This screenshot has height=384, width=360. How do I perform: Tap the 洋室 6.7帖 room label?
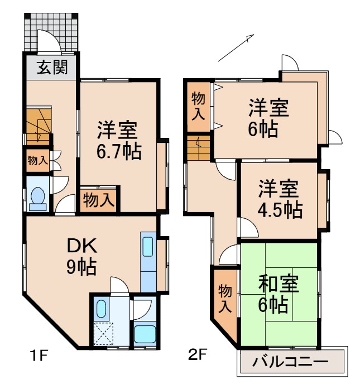pyautogui.click(x=118, y=140)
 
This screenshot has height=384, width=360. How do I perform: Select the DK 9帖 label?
pyautogui.click(x=82, y=256)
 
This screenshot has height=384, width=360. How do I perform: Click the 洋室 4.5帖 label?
pyautogui.click(x=280, y=199)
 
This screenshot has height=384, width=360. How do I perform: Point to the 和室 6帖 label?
pyautogui.click(x=279, y=294)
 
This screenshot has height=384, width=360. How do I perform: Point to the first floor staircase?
pyautogui.click(x=37, y=127)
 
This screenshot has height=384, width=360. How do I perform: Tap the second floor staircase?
pyautogui.click(x=198, y=148)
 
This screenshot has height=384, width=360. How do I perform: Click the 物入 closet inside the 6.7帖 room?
pyautogui.click(x=99, y=199)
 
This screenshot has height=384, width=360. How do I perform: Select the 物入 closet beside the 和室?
pyautogui.click(x=224, y=299)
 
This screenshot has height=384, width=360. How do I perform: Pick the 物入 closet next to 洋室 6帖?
pyautogui.click(x=199, y=106)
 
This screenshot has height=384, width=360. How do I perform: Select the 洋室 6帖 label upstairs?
pyautogui.click(x=268, y=117)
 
